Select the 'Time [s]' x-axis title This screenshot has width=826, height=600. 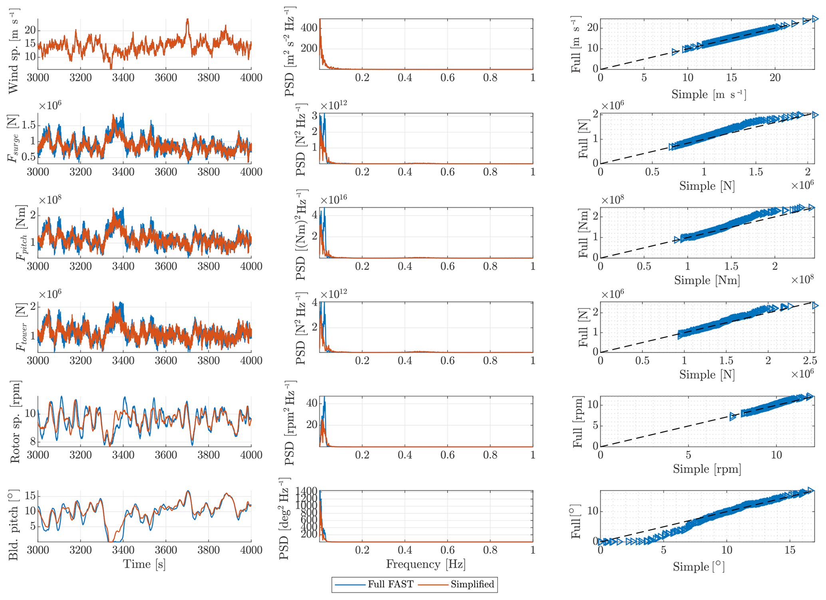[144, 564]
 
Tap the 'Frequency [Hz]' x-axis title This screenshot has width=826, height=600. [426, 564]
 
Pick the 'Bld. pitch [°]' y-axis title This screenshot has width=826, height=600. [14, 519]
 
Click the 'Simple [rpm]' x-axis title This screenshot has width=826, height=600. [707, 469]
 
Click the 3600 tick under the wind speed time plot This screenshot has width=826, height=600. [166, 77]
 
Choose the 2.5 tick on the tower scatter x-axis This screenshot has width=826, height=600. [810, 361]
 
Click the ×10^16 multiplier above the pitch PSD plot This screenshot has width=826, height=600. [334, 199]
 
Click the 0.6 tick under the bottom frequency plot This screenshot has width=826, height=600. [447, 550]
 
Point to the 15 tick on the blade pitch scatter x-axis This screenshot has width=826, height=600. [790, 550]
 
